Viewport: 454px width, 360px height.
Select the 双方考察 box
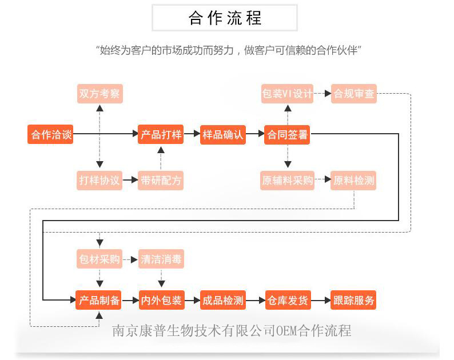(x=100, y=94)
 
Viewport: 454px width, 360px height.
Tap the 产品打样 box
(x=161, y=135)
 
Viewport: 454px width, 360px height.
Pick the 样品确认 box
(x=223, y=135)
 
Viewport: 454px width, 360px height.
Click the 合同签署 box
(x=287, y=135)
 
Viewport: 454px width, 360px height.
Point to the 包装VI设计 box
(x=287, y=94)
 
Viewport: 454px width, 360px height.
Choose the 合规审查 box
(x=354, y=94)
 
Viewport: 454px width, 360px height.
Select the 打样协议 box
(x=100, y=181)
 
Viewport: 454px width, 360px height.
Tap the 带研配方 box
(x=161, y=181)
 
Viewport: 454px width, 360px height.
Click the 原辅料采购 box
(x=287, y=181)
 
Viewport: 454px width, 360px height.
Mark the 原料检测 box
(x=354, y=181)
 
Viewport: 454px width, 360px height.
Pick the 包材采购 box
(x=100, y=259)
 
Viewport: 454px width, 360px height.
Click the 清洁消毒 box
(x=161, y=259)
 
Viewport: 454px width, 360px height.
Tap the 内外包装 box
(x=161, y=300)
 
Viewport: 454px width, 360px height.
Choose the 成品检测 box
(x=223, y=300)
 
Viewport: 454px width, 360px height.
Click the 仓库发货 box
(x=287, y=300)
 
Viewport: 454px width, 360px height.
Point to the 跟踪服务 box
(x=354, y=300)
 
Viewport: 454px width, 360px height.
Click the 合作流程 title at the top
(x=225, y=18)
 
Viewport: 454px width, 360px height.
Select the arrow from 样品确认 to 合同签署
(x=255, y=135)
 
